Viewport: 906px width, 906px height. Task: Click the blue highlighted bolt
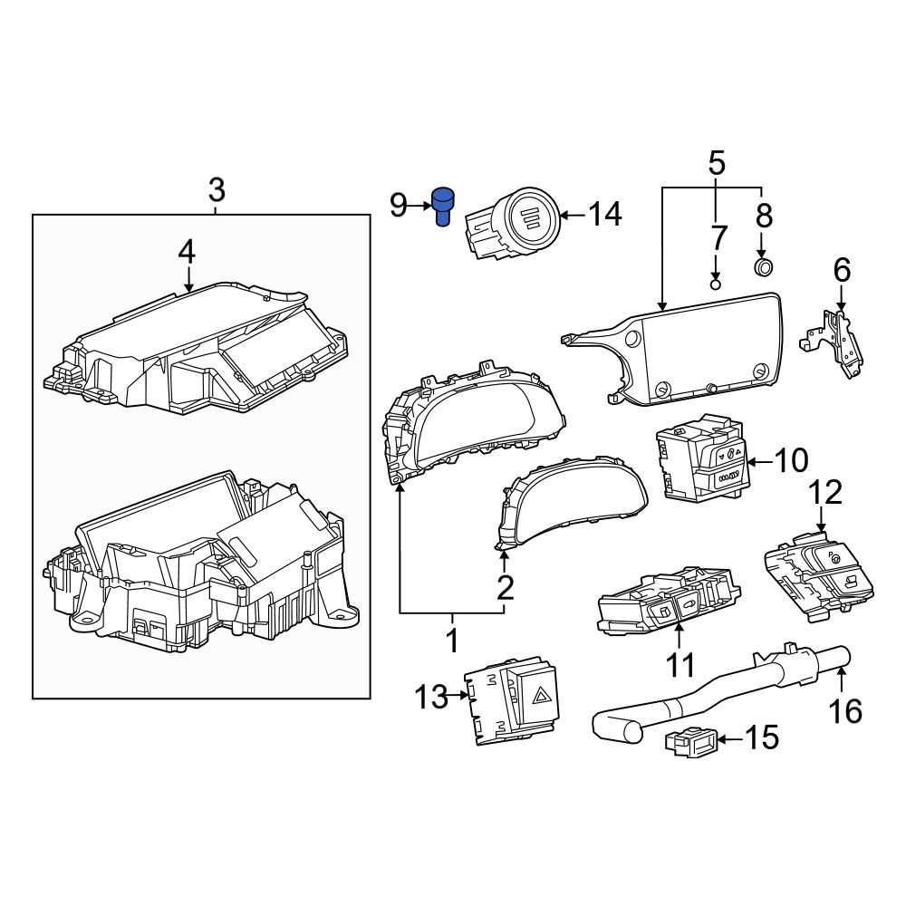(x=443, y=207)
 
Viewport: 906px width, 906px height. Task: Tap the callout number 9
(x=398, y=205)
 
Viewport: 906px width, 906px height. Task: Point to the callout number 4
(x=187, y=252)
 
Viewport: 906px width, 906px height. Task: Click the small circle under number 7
(x=716, y=284)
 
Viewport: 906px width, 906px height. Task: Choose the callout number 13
(x=431, y=697)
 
